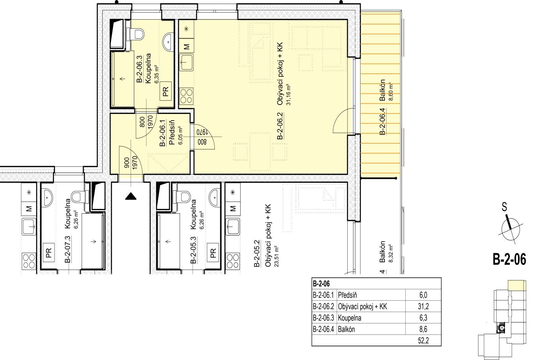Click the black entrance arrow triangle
coord(131,196)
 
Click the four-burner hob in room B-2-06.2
coord(186,96)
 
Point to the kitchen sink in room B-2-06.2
coord(186,62)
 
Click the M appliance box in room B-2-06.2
coord(186,46)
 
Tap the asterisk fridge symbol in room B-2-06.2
coord(186,29)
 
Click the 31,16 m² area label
coord(288,94)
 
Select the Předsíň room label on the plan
coord(172,132)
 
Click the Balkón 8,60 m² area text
coord(392,92)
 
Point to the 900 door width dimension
coord(127,163)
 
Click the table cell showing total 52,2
coord(423,340)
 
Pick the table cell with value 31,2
coord(423,306)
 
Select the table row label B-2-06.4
coord(323,330)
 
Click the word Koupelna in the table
coord(349,318)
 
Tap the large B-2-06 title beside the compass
coord(510,259)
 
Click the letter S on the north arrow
coord(505,207)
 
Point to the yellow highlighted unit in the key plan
coord(517,285)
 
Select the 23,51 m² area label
coord(277,256)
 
